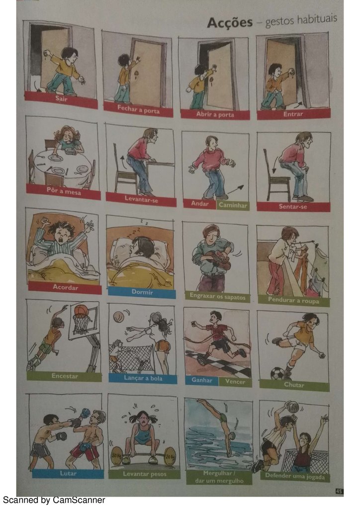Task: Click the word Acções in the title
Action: pos(230,23)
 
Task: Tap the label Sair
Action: pos(61,98)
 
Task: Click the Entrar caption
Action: pos(293,114)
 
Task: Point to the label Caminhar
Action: pos(233,205)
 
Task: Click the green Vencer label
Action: pos(235,382)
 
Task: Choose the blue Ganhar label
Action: pos(201,380)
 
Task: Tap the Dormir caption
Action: pos(142,292)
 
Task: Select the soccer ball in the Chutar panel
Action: pos(277,373)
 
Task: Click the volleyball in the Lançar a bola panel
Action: pos(118,316)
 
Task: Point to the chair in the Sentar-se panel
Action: pos(276,177)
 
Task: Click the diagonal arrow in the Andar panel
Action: pos(235,189)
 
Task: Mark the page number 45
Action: pos(339,491)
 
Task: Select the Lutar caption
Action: pos(68,474)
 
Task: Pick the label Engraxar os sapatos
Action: pos(217,297)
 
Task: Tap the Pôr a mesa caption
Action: pos(64,191)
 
